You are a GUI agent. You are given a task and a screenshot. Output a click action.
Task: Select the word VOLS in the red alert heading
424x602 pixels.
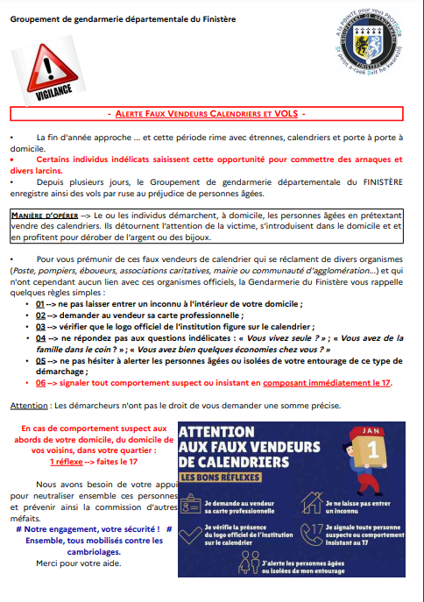(284, 114)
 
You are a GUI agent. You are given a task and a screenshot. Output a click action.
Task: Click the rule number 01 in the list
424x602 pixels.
(40, 302)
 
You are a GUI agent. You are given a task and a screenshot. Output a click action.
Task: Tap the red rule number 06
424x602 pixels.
(40, 383)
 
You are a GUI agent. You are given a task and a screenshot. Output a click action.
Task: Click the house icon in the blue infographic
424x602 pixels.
(313, 503)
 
